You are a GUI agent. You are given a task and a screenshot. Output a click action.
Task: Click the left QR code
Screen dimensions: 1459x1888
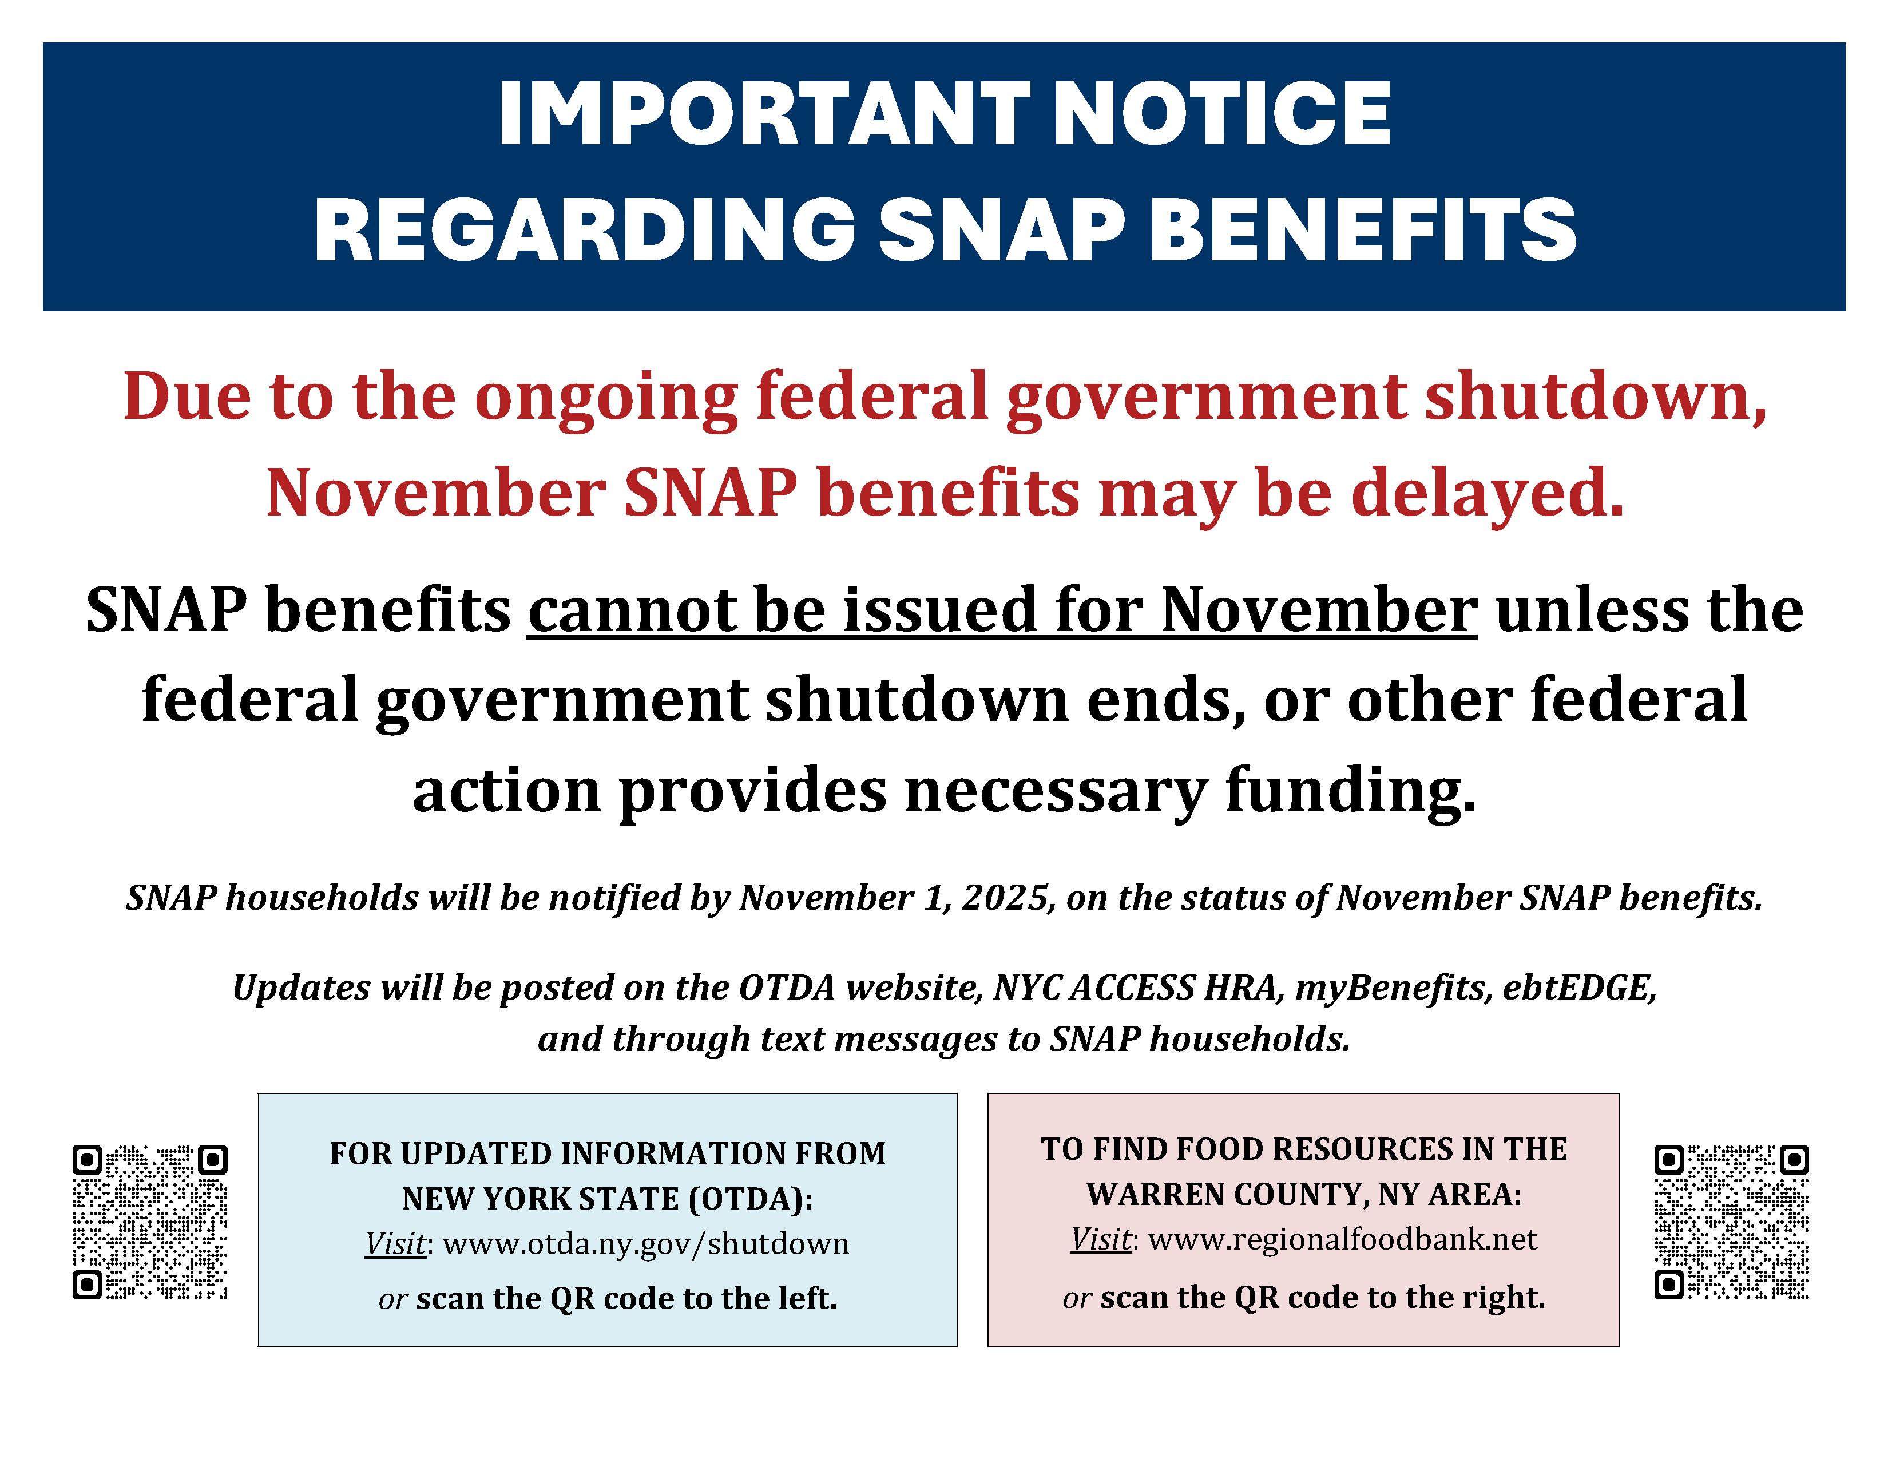coord(149,1222)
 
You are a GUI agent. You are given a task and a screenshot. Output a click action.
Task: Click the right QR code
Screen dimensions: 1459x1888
coord(1732,1222)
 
